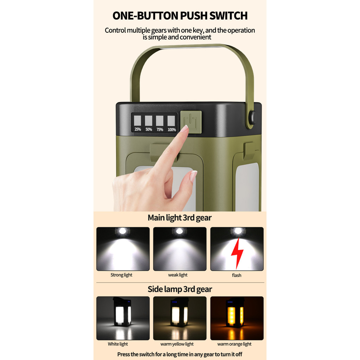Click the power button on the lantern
pos(191,122)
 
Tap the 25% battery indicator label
pos(138,129)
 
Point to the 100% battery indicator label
pos(172,129)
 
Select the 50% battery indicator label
pos(149,129)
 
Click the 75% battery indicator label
pos(160,129)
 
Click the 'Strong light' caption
pos(121,275)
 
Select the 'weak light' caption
pos(178,275)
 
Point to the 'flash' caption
pos(237,275)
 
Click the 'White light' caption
pos(118,344)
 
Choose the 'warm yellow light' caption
pos(177,344)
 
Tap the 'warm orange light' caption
pos(234,344)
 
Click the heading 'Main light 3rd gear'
pos(180,218)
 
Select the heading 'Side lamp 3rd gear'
pos(180,289)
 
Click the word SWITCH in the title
pos(229,15)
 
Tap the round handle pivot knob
pos(252,117)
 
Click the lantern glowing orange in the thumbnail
pos(235,313)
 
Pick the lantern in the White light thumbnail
pos(122,311)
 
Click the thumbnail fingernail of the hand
pos(193,176)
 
